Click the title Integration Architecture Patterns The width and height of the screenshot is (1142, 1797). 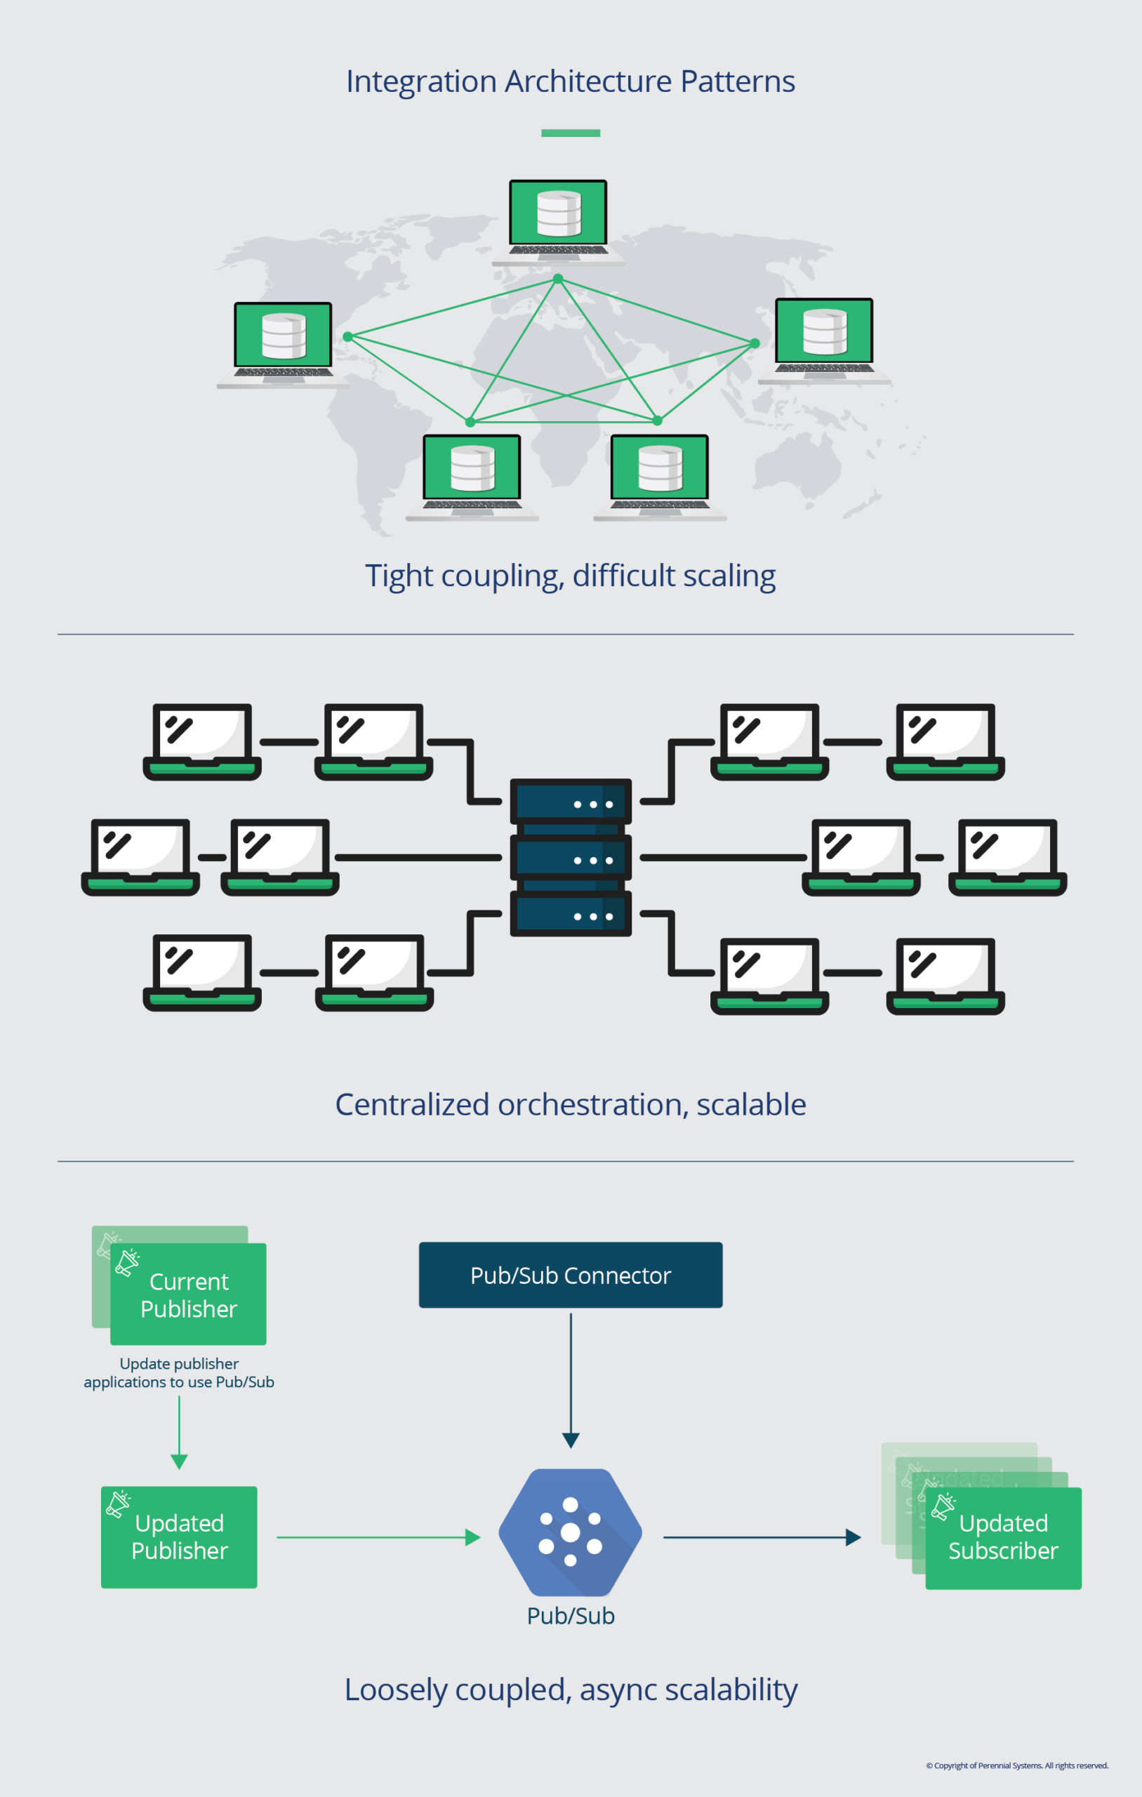pyautogui.click(x=570, y=81)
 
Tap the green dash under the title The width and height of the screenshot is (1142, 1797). pyautogui.click(x=570, y=133)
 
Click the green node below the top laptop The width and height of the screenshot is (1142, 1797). pyautogui.click(x=557, y=279)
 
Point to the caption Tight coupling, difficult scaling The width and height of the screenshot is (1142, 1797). pyautogui.click(x=570, y=576)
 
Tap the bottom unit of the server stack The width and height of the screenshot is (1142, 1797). pyautogui.click(x=570, y=914)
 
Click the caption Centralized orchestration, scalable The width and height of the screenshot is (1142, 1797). pyautogui.click(x=570, y=1104)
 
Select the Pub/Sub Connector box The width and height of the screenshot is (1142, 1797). pyautogui.click(x=570, y=1275)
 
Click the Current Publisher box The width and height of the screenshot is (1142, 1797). pyautogui.click(x=188, y=1295)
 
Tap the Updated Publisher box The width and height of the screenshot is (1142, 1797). pyautogui.click(x=179, y=1537)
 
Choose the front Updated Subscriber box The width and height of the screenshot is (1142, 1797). pyautogui.click(x=1003, y=1538)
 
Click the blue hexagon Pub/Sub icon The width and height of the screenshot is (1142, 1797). pyautogui.click(x=570, y=1532)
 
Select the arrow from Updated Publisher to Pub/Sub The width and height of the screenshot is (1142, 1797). pyautogui.click(x=377, y=1537)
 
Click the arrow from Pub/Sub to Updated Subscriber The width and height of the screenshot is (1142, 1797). pyautogui.click(x=762, y=1537)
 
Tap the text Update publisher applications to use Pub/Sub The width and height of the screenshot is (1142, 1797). pyautogui.click(x=179, y=1373)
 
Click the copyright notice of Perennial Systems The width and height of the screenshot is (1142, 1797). pyautogui.click(x=1016, y=1765)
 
